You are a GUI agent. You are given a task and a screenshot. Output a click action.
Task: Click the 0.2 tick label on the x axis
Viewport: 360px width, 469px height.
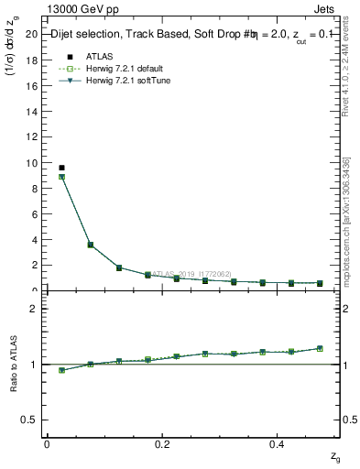pos(162,443)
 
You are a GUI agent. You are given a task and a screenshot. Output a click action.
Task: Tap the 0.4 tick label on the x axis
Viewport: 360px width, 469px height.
pos(278,443)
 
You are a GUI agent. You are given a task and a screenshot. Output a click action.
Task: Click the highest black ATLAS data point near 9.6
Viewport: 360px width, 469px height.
pos(61,168)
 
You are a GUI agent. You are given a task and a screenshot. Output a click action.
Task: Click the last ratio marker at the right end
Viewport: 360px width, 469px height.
pos(320,348)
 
